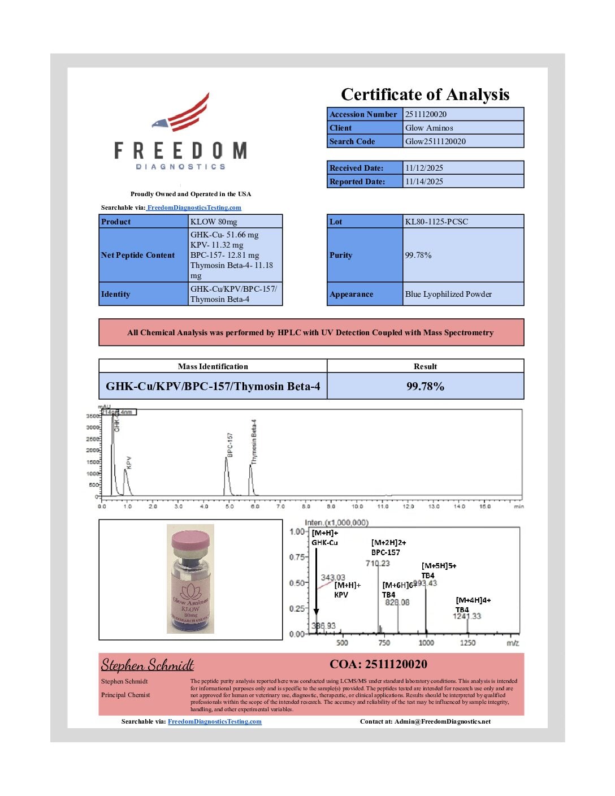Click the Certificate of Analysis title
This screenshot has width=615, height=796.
coord(425,94)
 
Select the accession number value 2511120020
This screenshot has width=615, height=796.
coord(426,114)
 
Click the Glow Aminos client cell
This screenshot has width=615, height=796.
coord(429,128)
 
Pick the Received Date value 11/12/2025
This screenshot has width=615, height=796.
coord(424,168)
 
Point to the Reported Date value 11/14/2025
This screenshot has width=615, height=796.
coord(424,181)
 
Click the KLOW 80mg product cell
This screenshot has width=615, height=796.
coord(214,222)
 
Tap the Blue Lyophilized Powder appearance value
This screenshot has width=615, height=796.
coord(448,294)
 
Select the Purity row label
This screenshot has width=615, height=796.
coord(341,255)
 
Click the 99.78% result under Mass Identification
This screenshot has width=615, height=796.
coord(425,386)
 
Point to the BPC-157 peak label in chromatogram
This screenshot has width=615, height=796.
coord(230,444)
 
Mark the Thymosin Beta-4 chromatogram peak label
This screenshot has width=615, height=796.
coord(254,442)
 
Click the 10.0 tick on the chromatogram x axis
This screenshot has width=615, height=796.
coord(357,506)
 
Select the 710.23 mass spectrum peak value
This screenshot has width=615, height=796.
coord(378,563)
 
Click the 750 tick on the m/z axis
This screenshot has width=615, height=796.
coord(384,643)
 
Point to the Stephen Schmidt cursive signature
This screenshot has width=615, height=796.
coord(148,665)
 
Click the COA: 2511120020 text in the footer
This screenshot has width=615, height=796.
coord(379,664)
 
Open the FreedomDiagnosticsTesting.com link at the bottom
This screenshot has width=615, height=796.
coord(215,721)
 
